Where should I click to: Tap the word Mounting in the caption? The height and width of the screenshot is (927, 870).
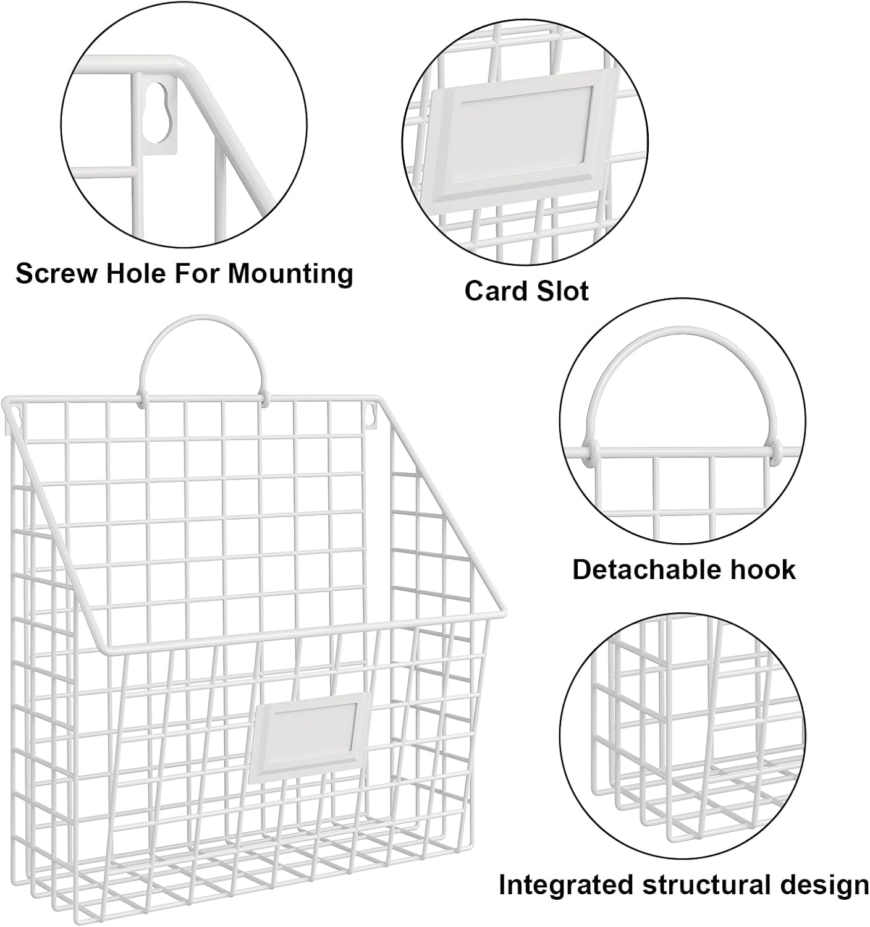pos(290,274)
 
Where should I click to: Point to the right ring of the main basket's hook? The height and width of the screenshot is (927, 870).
pos(264,398)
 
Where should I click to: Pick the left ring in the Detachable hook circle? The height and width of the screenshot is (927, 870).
pos(591,453)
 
